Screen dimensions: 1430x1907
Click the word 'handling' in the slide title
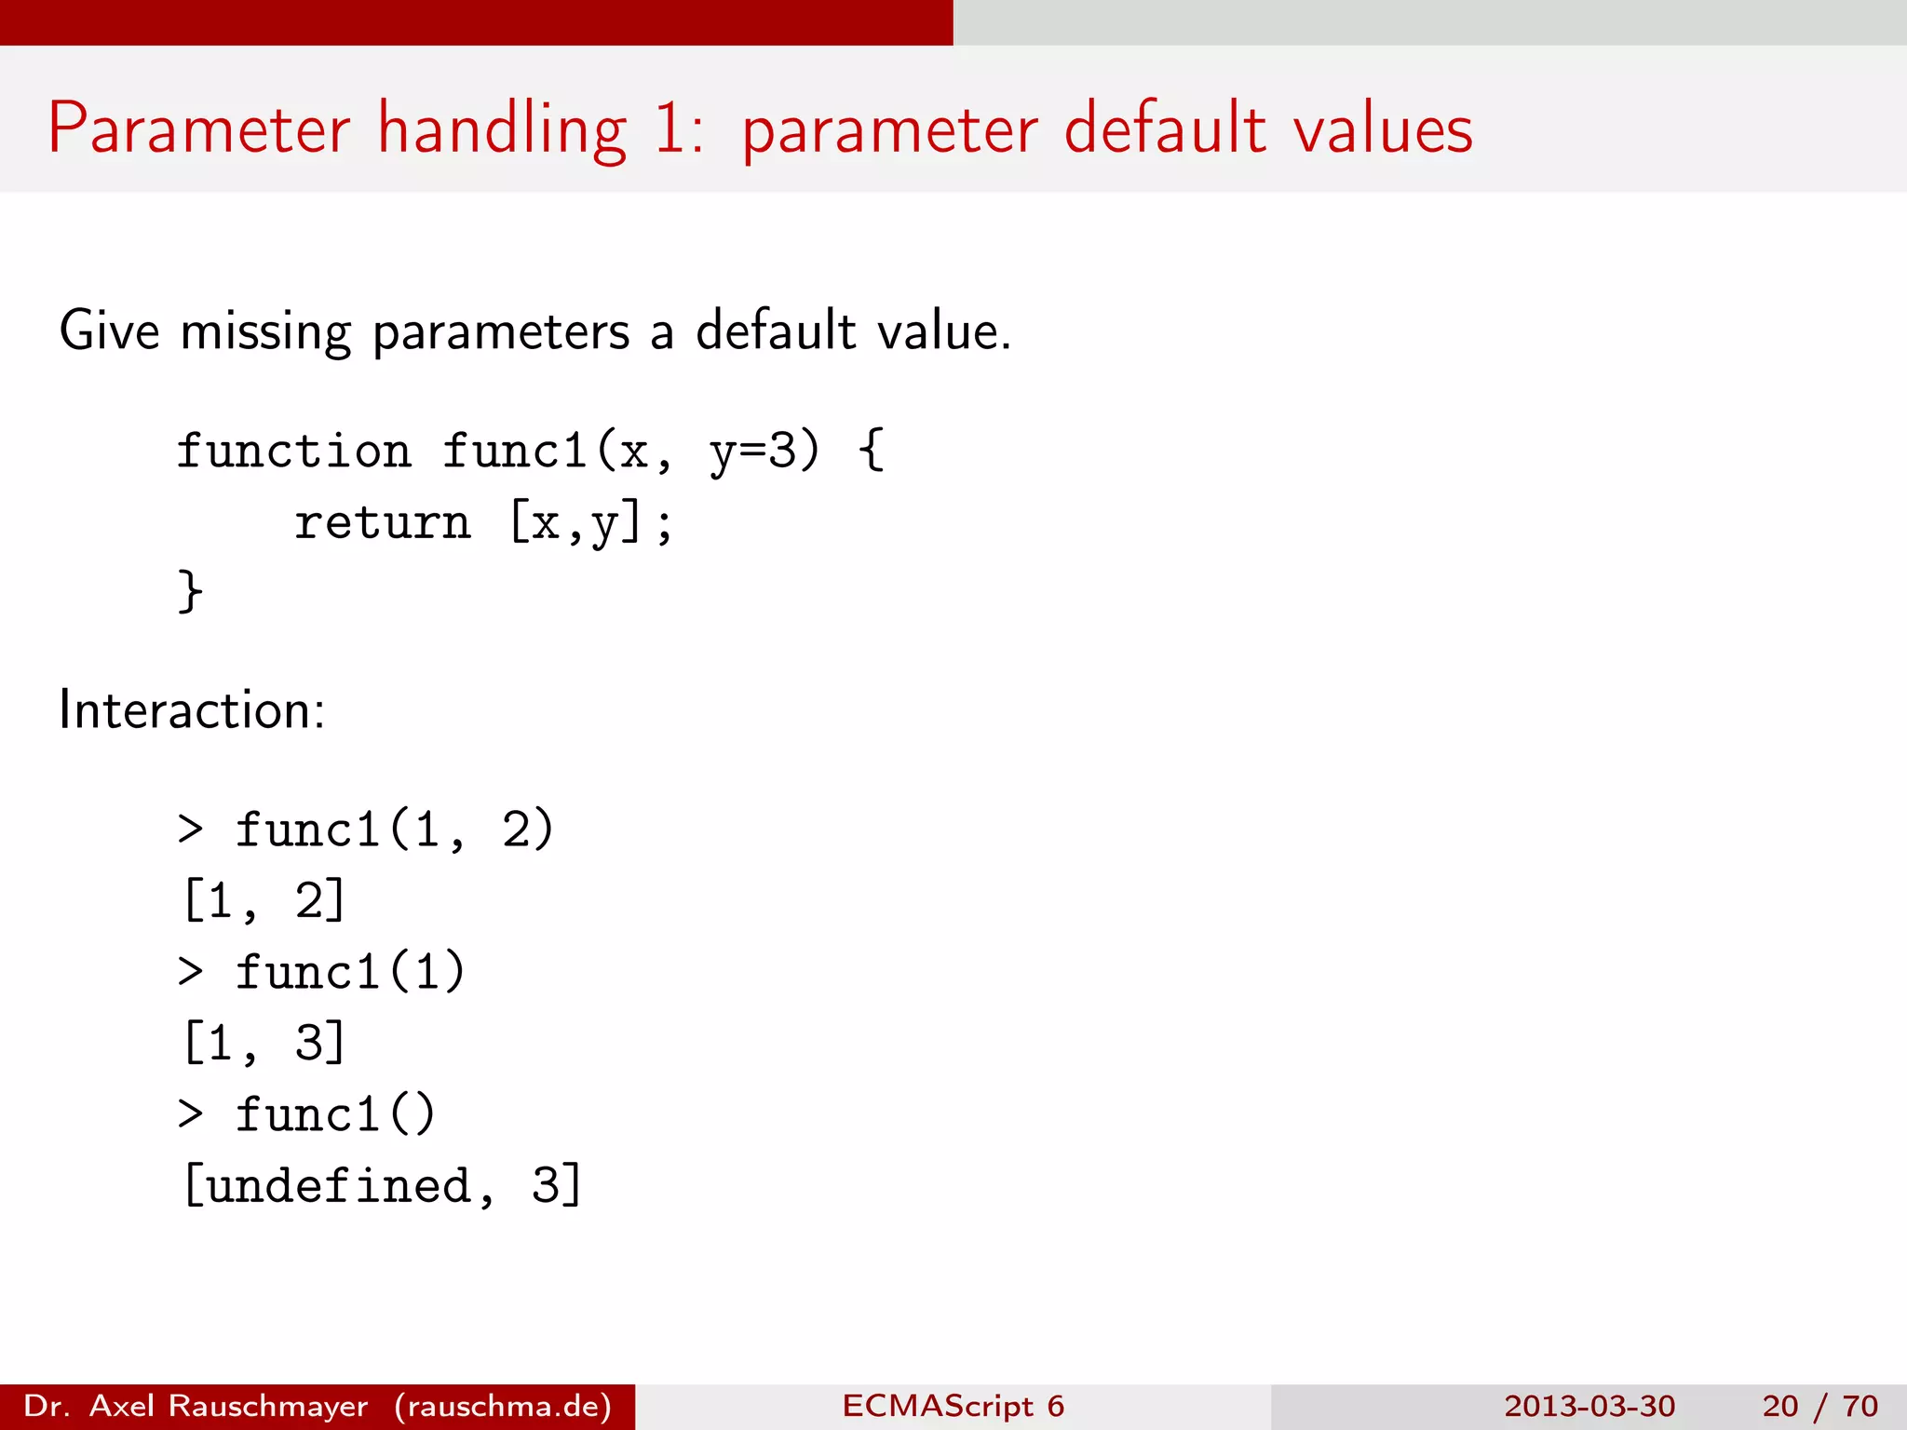tap(502, 128)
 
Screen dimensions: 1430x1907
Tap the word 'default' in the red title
tap(1165, 128)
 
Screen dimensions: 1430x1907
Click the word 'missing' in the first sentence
tap(265, 331)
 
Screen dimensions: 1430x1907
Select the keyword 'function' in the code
tap(294, 452)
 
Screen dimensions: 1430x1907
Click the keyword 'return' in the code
tap(383, 522)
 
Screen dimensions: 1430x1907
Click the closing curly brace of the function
tap(190, 591)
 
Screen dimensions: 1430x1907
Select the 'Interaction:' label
tap(192, 710)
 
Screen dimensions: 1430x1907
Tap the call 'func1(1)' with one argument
tap(349, 972)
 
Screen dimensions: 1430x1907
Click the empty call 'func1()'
tap(335, 1114)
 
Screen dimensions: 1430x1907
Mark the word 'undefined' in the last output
tap(339, 1185)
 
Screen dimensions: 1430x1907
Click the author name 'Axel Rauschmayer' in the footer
tap(229, 1406)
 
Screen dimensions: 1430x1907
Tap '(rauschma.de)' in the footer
tap(503, 1406)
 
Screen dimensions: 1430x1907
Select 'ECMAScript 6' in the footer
tap(953, 1406)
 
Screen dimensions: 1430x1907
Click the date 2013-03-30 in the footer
tap(1589, 1406)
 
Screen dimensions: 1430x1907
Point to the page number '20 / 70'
tap(1819, 1406)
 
